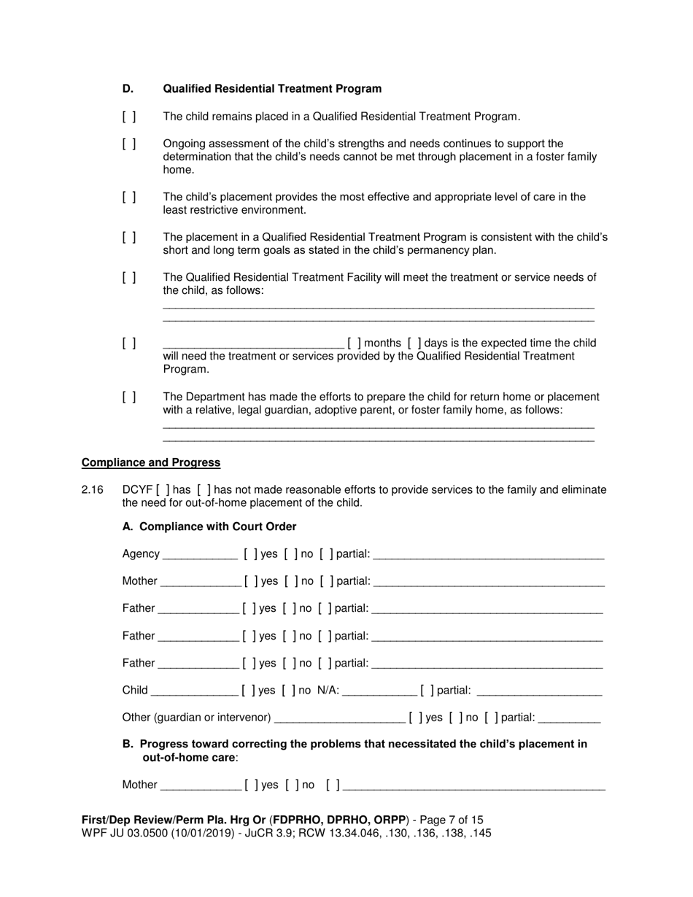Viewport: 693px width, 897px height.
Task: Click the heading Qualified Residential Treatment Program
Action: [x=272, y=89]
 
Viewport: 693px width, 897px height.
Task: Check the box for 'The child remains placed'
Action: [x=129, y=117]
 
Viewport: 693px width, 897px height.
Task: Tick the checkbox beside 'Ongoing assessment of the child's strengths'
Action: [x=129, y=144]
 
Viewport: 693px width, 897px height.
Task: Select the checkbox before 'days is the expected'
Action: [x=414, y=343]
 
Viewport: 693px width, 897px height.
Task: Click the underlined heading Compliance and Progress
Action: [x=151, y=463]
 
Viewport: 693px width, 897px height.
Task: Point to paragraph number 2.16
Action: [x=92, y=490]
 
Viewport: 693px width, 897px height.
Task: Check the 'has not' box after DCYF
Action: [x=204, y=490]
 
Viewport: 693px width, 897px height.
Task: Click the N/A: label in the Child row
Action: [x=328, y=691]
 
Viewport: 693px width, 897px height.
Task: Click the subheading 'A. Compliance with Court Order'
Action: [x=209, y=527]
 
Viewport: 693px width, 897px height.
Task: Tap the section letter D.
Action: [x=128, y=89]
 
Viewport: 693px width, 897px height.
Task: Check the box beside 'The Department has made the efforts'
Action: [x=129, y=397]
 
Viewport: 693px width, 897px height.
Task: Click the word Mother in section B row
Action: [x=139, y=785]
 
